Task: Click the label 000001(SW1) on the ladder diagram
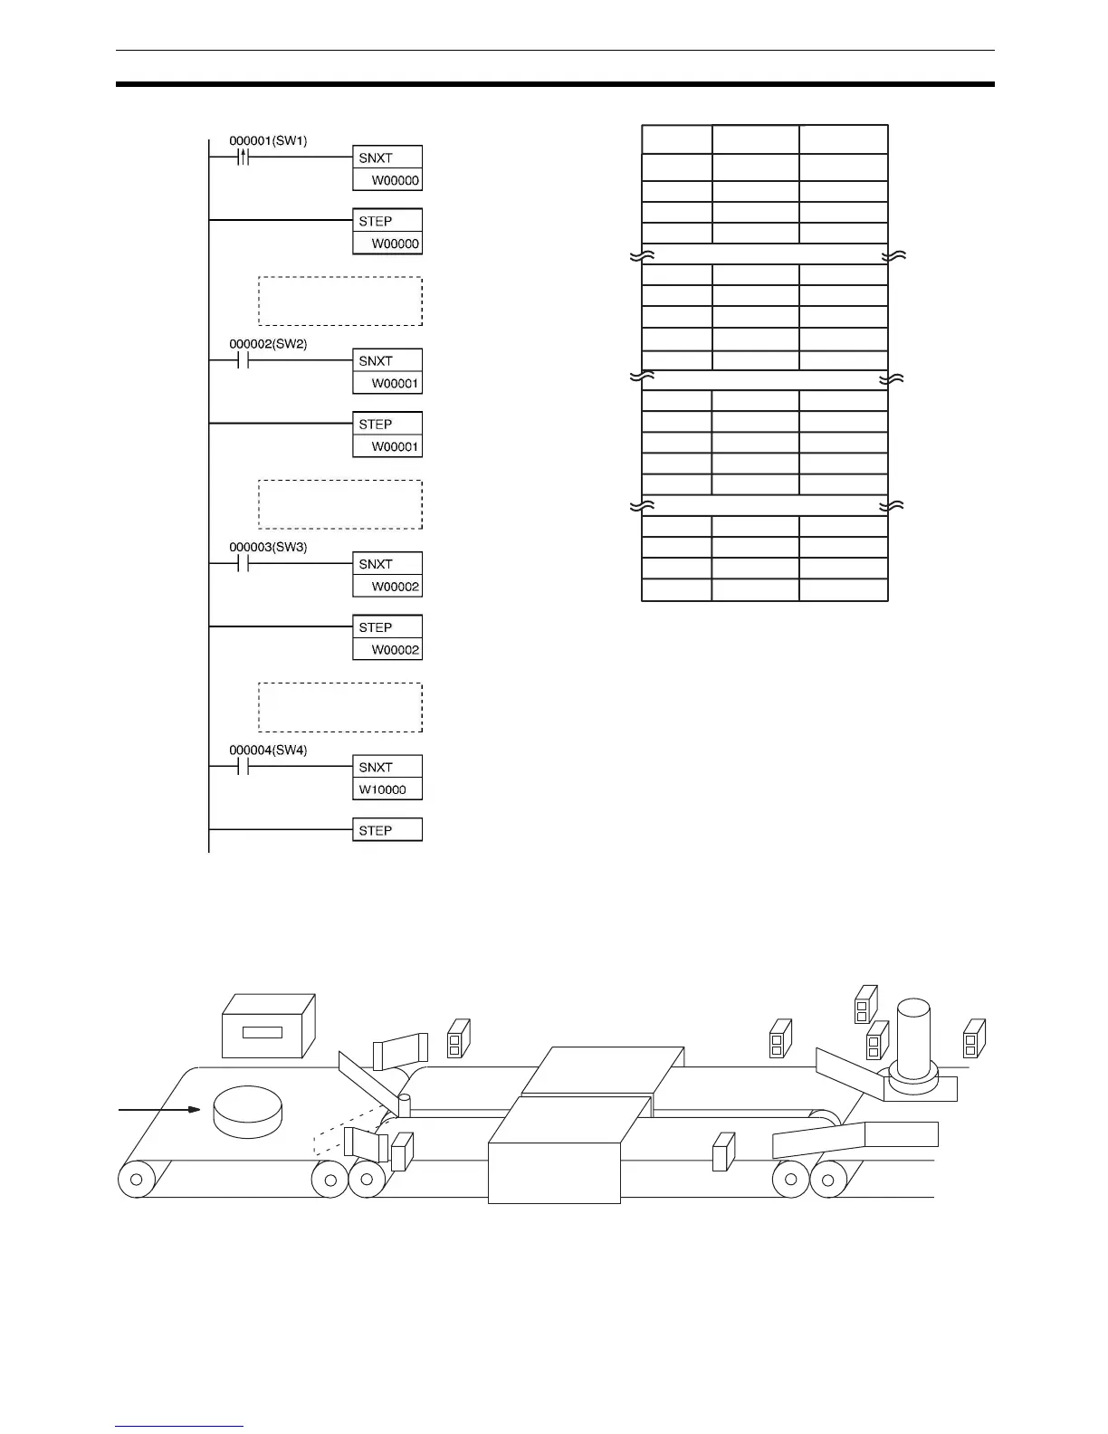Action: tap(268, 141)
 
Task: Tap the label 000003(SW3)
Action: tap(268, 548)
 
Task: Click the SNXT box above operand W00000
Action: tap(387, 158)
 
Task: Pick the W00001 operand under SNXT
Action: tap(387, 383)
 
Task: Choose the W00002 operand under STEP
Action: tap(387, 649)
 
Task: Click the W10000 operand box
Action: tap(387, 789)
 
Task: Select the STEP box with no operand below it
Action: tap(387, 830)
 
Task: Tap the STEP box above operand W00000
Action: tap(387, 221)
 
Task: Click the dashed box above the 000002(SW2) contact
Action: tap(340, 301)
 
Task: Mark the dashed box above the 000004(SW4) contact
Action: tap(340, 707)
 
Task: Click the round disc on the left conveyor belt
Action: tap(247, 1111)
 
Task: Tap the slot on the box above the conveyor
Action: tap(263, 1032)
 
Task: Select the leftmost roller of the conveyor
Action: tap(136, 1180)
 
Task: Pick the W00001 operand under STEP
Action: tap(387, 446)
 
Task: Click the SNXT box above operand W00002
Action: tap(387, 564)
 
